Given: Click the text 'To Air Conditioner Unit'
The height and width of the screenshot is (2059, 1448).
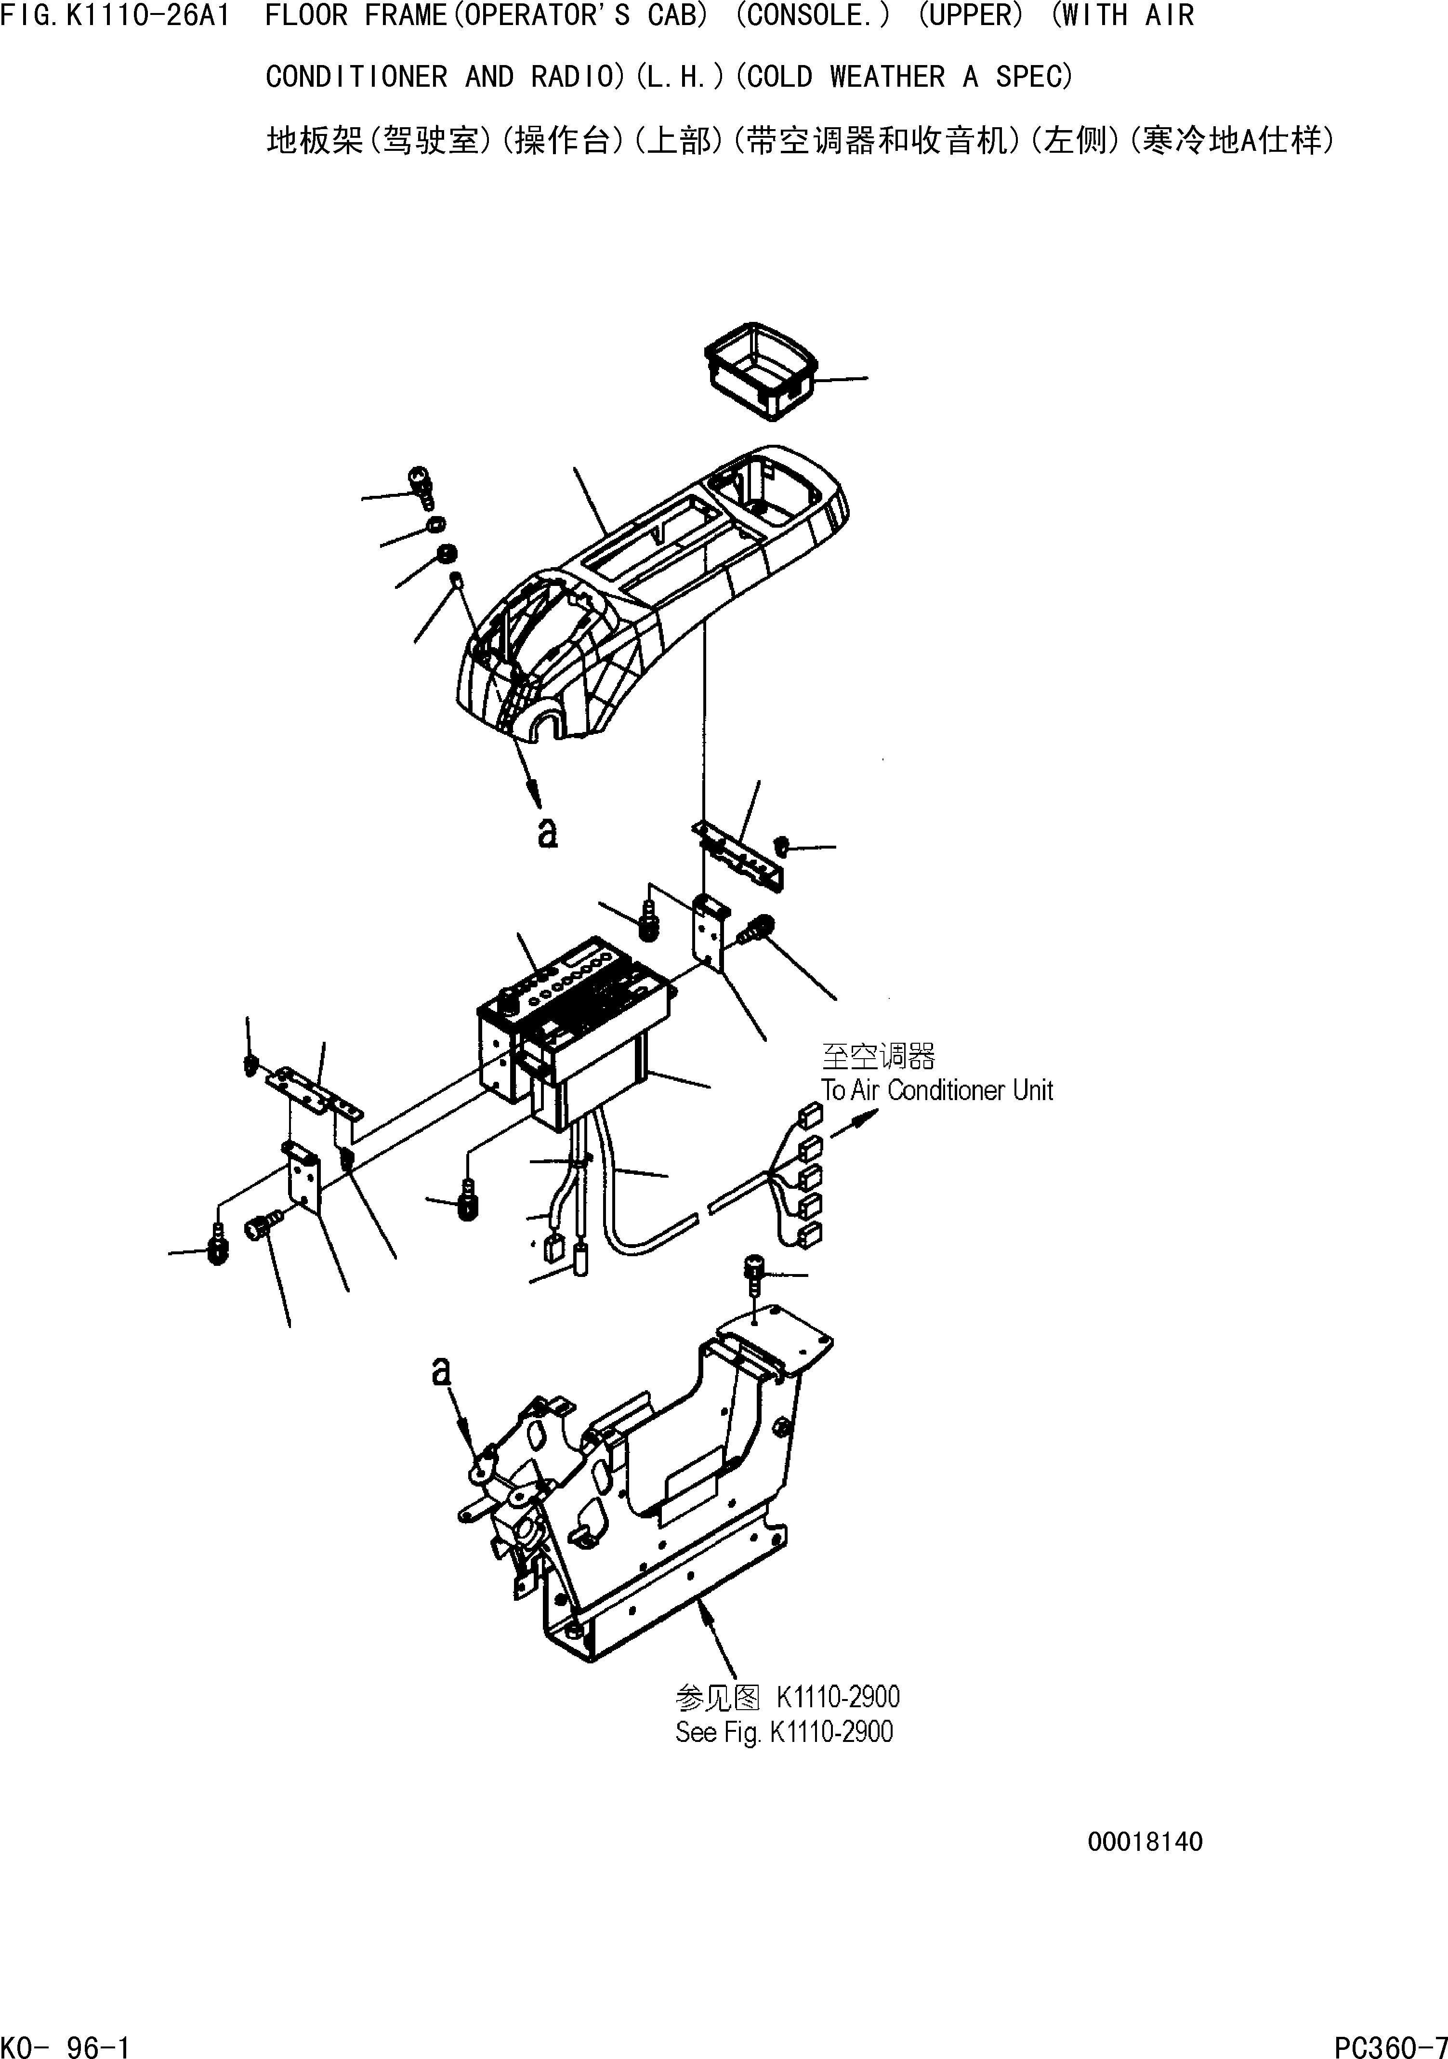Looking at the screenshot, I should click(937, 1090).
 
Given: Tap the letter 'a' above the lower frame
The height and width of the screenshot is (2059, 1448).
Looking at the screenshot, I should click(440, 1371).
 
